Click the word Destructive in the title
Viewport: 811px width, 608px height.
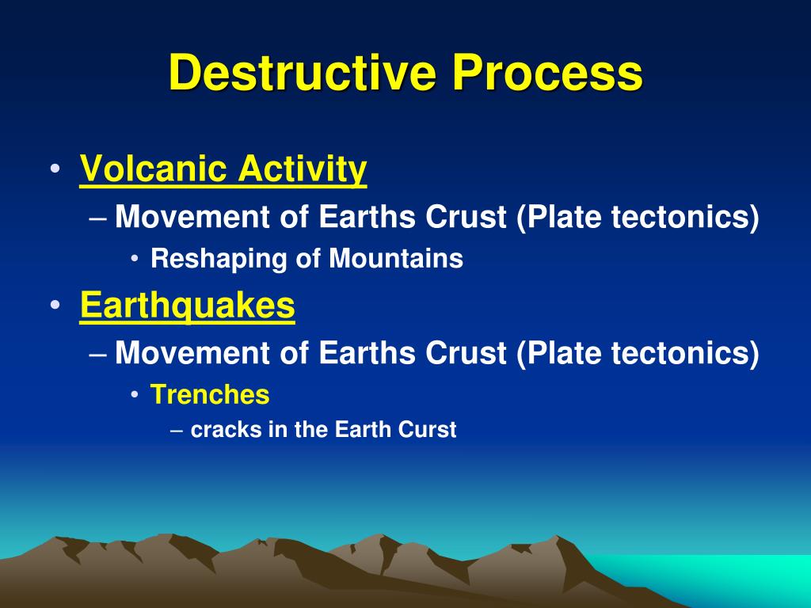click(303, 72)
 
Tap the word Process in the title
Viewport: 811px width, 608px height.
click(548, 72)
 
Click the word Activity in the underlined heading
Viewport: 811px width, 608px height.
click(303, 169)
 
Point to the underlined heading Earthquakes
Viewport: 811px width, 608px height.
click(187, 305)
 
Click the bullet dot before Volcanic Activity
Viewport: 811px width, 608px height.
click(55, 169)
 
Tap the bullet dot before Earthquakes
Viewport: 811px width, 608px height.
click(55, 305)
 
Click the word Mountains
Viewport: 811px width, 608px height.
click(396, 258)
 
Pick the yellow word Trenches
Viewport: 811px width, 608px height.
click(210, 394)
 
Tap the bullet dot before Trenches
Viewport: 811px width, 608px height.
click(135, 395)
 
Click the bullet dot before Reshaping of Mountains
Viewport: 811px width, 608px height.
click(135, 259)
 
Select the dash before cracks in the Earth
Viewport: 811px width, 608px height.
click(177, 431)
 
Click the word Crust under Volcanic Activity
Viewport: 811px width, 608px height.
click(466, 217)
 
